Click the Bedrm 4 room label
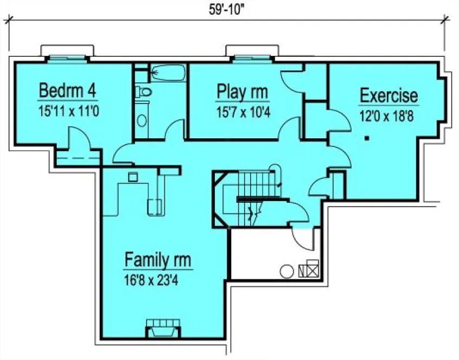coord(68,89)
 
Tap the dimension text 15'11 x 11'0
coord(68,111)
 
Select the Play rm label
coord(242,91)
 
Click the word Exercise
coord(389,95)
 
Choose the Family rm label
coord(158,260)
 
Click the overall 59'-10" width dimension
coord(225,9)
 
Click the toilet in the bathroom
coord(143,92)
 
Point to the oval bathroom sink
coord(142,119)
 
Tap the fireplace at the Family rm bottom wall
coord(163,327)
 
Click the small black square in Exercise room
coord(367,139)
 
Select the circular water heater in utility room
coord(286,269)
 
